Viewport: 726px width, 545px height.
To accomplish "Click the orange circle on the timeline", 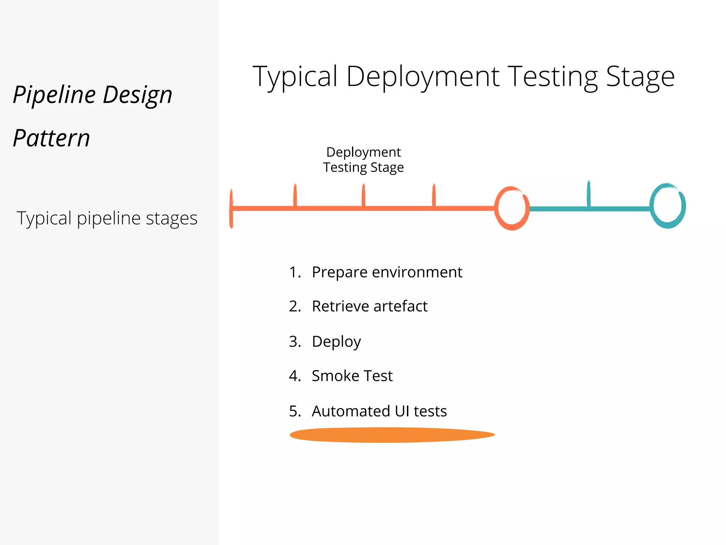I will click(512, 208).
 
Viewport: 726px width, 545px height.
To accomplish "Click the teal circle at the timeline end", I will click(668, 206).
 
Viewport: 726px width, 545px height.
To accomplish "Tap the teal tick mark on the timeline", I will click(589, 193).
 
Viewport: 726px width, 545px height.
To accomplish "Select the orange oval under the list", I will click(392, 435).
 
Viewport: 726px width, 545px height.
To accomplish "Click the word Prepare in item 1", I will click(340, 272).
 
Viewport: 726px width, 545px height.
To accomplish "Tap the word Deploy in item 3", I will click(336, 342).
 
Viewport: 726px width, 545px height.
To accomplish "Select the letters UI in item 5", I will click(402, 411).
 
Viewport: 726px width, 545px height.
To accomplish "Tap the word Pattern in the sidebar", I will click(51, 138).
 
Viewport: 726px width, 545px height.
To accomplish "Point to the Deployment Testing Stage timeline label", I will click(363, 160).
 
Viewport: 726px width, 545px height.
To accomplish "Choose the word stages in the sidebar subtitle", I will click(172, 218).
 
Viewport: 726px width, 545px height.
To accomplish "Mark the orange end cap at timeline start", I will click(231, 208).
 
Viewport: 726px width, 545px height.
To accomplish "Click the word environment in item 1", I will click(417, 272).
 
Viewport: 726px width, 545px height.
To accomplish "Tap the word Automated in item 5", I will click(351, 411).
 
